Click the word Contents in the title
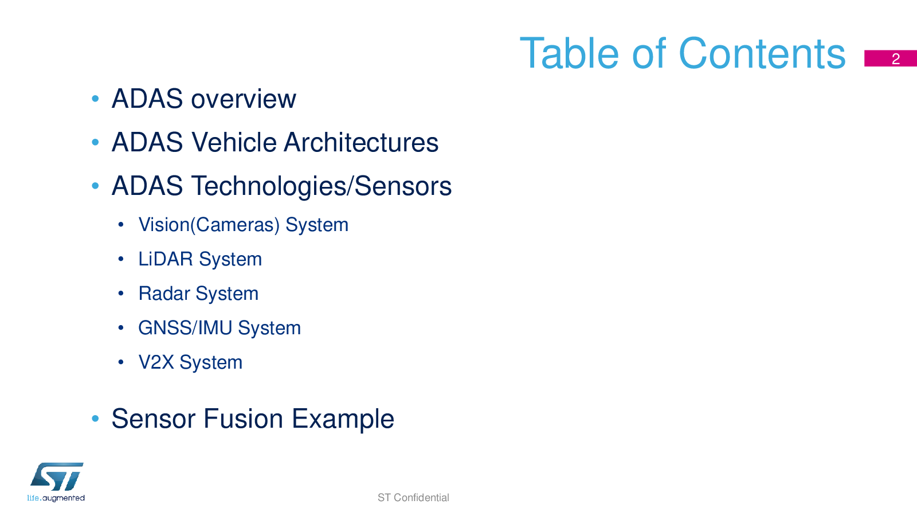coord(762,54)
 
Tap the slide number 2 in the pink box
coord(896,59)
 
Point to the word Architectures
coord(361,143)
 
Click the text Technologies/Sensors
coord(322,186)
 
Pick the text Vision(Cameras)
coord(209,225)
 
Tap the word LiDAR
coord(166,259)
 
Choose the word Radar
coord(164,293)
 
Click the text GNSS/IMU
coord(185,327)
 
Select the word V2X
coord(156,362)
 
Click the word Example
coord(343,419)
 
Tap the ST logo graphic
coord(57,476)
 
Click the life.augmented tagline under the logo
coord(56,498)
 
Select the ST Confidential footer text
coord(413,498)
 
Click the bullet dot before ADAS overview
coord(95,99)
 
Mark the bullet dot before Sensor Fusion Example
coord(95,419)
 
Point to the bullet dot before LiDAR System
coord(121,259)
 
